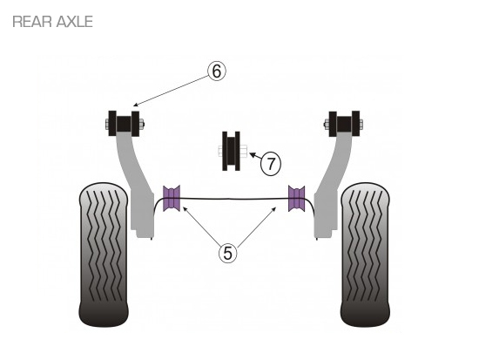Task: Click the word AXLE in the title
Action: pos(74,22)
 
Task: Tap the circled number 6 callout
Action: pos(217,71)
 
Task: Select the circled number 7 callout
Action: pos(271,164)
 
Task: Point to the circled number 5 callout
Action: pos(228,253)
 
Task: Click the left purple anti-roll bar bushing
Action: pos(171,198)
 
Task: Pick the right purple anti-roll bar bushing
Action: pos(296,198)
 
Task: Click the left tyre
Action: pos(104,255)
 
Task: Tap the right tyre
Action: pos(365,255)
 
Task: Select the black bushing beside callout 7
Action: pos(231,151)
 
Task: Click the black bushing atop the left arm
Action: pos(124,124)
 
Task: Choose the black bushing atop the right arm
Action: pos(344,124)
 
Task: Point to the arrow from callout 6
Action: pos(171,91)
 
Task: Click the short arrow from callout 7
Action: pos(256,156)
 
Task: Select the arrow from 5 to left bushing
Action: pos(202,225)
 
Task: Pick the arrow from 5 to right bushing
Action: pos(257,227)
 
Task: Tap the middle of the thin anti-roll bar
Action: pos(234,199)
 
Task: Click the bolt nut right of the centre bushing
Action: pos(244,151)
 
